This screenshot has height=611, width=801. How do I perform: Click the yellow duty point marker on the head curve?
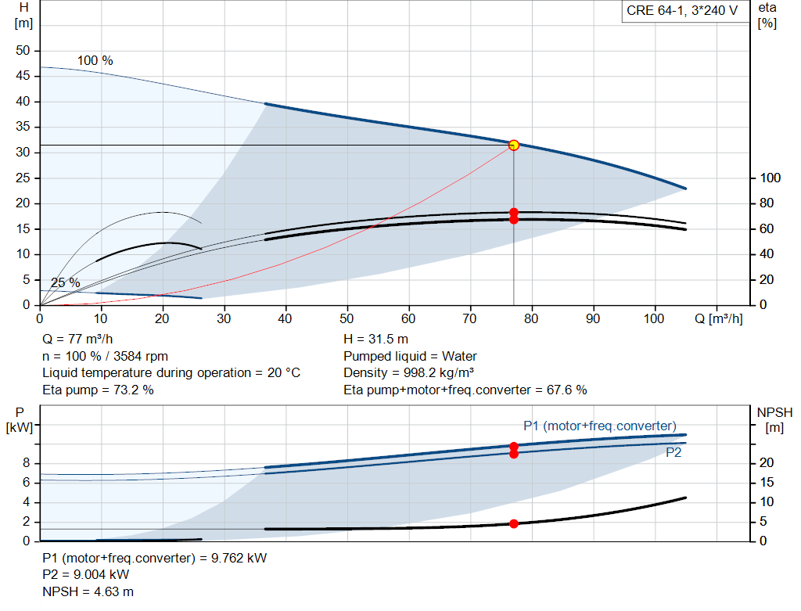click(x=514, y=145)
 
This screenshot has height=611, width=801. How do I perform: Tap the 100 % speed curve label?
click(x=95, y=60)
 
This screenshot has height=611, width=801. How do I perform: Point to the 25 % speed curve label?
click(x=66, y=282)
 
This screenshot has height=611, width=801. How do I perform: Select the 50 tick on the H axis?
click(x=23, y=51)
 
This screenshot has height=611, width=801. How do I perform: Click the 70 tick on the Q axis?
click(x=469, y=318)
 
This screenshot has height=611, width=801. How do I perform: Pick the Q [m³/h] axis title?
click(x=719, y=318)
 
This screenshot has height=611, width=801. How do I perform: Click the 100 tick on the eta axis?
click(x=770, y=178)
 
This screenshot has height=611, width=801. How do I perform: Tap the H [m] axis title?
click(x=23, y=16)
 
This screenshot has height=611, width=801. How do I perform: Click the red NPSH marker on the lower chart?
click(x=514, y=523)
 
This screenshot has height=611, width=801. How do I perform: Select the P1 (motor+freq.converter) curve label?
click(x=600, y=426)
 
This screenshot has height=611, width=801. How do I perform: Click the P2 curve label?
click(x=673, y=453)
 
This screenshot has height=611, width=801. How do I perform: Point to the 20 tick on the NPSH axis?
click(x=767, y=462)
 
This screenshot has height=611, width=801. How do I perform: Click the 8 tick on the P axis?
click(x=27, y=463)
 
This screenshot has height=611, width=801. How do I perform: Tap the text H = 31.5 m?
click(x=376, y=339)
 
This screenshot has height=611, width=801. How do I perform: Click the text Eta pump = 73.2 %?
click(x=98, y=390)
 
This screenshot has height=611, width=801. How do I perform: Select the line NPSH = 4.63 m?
click(x=88, y=591)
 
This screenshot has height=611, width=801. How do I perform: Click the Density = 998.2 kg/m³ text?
click(x=408, y=372)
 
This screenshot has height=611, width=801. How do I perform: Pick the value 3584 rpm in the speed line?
click(x=141, y=356)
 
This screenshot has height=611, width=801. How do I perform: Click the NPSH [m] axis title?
click(x=774, y=420)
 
